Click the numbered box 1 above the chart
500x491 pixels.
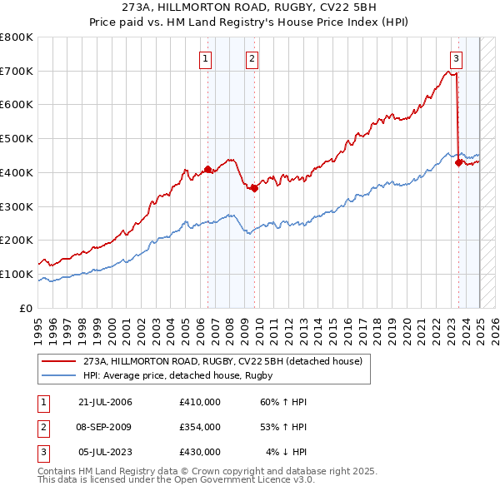pos(205,58)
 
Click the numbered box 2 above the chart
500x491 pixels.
pos(252,58)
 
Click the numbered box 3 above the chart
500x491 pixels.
pos(457,58)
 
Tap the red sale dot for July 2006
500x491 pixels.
pos(207,169)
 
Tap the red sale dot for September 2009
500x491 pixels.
pos(254,188)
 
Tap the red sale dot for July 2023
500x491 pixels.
pos(458,162)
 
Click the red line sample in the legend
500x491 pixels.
pos(58,362)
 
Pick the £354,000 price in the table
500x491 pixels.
pos(199,427)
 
